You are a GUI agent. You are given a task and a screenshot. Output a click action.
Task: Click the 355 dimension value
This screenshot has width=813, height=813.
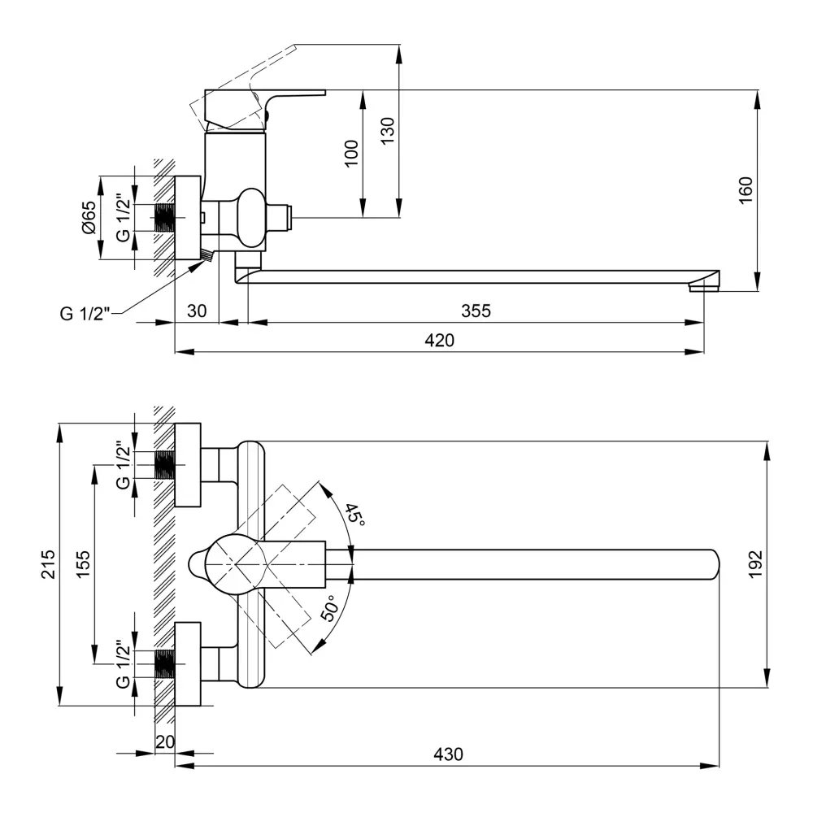(476, 311)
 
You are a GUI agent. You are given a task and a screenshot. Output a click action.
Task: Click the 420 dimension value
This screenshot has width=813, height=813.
(440, 341)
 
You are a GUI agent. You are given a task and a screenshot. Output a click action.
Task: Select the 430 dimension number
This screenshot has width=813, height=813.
(447, 754)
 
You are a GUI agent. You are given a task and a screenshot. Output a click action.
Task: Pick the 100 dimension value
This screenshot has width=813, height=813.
(351, 153)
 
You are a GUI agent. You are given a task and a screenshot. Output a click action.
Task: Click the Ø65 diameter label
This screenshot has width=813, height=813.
(89, 217)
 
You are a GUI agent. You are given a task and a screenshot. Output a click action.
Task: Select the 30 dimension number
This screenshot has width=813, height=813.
(196, 311)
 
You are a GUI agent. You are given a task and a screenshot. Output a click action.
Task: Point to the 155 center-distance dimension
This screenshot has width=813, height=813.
(84, 564)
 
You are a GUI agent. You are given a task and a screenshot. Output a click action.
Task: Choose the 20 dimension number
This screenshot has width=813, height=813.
(164, 741)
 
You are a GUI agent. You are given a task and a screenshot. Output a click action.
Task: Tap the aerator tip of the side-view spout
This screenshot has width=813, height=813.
(704, 285)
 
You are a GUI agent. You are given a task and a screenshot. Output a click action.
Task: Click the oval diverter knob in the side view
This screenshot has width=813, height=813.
(253, 217)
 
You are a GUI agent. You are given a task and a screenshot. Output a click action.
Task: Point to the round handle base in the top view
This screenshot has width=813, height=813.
(232, 564)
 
